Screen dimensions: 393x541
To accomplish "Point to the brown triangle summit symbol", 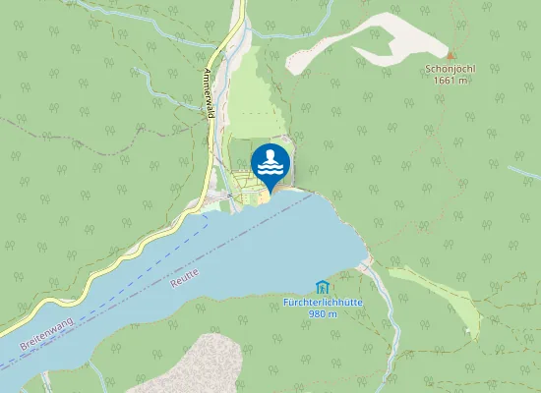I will [x=451, y=56].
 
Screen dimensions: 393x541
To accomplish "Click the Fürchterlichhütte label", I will [x=323, y=303].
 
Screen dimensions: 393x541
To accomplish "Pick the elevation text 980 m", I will [x=323, y=313].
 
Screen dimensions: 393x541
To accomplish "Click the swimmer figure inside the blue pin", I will [x=270, y=156].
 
